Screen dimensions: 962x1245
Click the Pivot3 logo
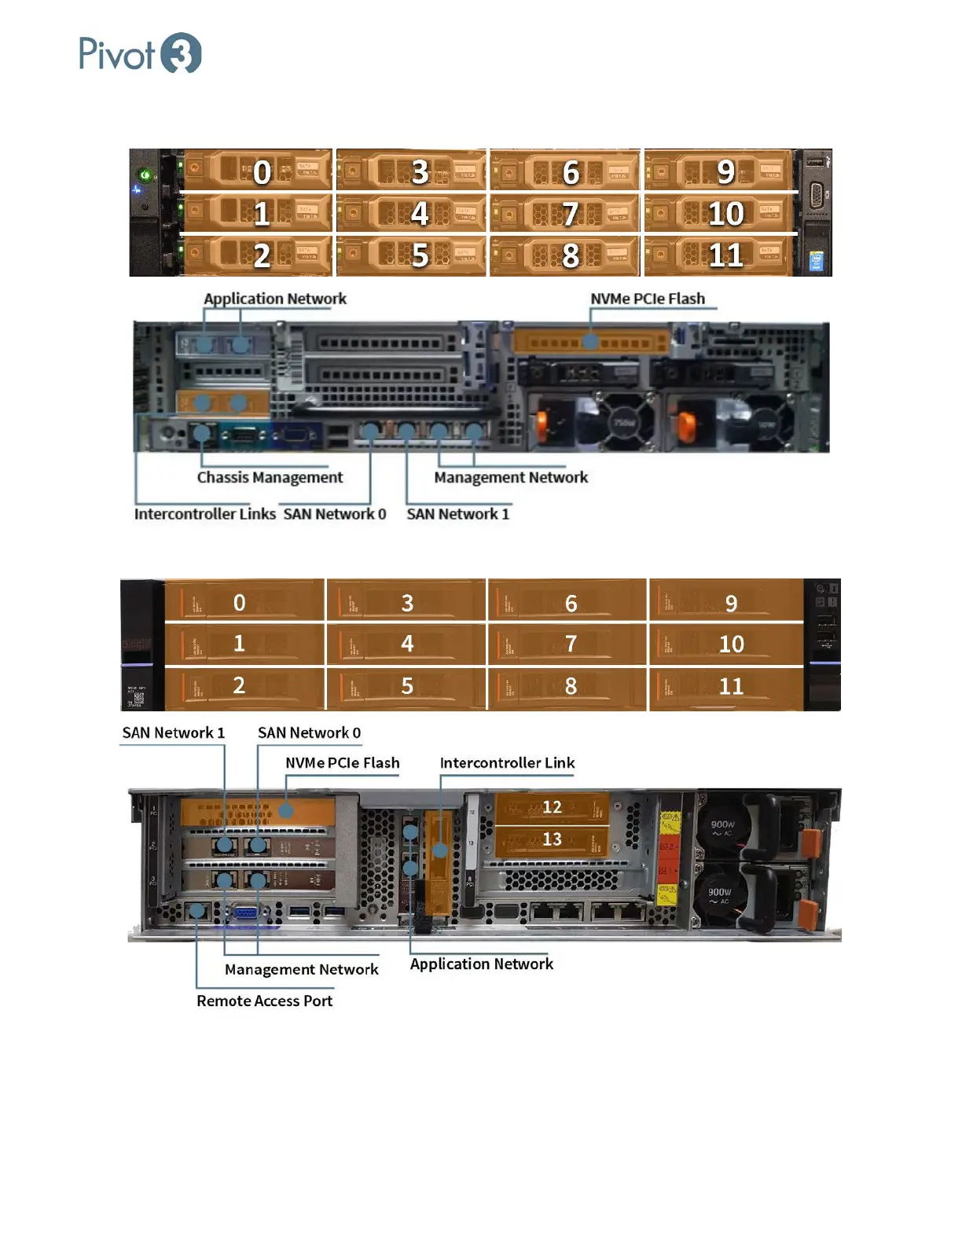coord(140,53)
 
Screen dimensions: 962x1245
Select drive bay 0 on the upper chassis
coord(257,171)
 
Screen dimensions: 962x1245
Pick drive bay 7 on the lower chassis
coord(568,645)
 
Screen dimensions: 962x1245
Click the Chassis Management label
coord(270,477)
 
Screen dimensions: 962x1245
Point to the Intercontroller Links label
coord(204,514)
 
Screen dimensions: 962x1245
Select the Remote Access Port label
coord(264,1001)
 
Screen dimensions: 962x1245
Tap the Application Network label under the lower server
coord(481,964)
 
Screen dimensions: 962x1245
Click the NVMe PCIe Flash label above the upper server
coord(648,299)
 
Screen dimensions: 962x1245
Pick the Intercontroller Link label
coord(507,762)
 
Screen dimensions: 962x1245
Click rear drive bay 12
coord(552,808)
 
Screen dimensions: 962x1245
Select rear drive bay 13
coord(552,839)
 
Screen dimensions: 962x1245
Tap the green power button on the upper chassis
coord(145,174)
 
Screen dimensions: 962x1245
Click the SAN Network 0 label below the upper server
coord(335,514)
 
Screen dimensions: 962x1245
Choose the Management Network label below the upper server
coord(511,477)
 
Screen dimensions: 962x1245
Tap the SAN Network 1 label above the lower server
coord(173,733)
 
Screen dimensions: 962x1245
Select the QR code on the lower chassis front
coord(139,697)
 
